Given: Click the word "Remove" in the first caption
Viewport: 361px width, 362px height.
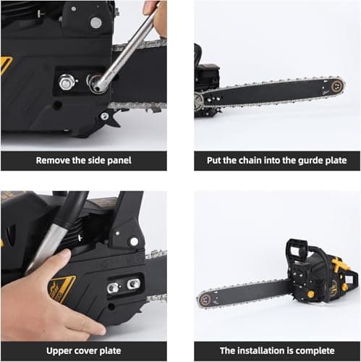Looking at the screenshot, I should (x=54, y=160).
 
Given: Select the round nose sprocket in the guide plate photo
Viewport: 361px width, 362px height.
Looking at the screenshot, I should (x=337, y=85).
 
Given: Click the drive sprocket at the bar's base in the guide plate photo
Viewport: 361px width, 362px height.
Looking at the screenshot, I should (x=200, y=102).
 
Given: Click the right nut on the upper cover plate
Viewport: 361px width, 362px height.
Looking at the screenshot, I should (x=132, y=285).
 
